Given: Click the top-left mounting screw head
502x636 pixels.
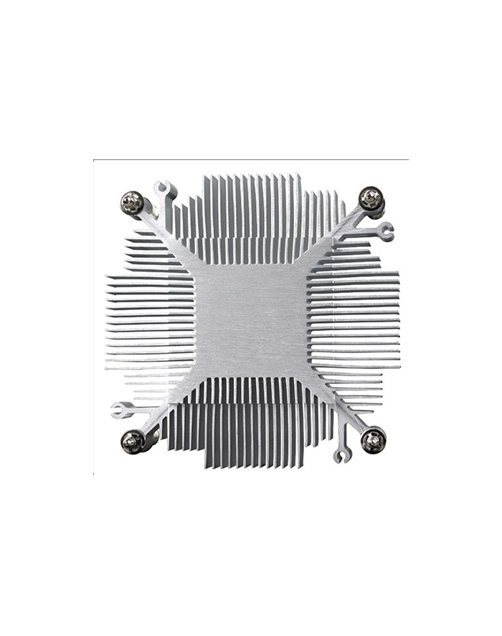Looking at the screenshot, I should coord(131,202).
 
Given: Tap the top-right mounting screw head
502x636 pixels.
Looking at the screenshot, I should coord(371,197).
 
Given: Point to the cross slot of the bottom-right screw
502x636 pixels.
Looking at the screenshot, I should coord(373,439).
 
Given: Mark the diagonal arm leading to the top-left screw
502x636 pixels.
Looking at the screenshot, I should coord(172,237).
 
